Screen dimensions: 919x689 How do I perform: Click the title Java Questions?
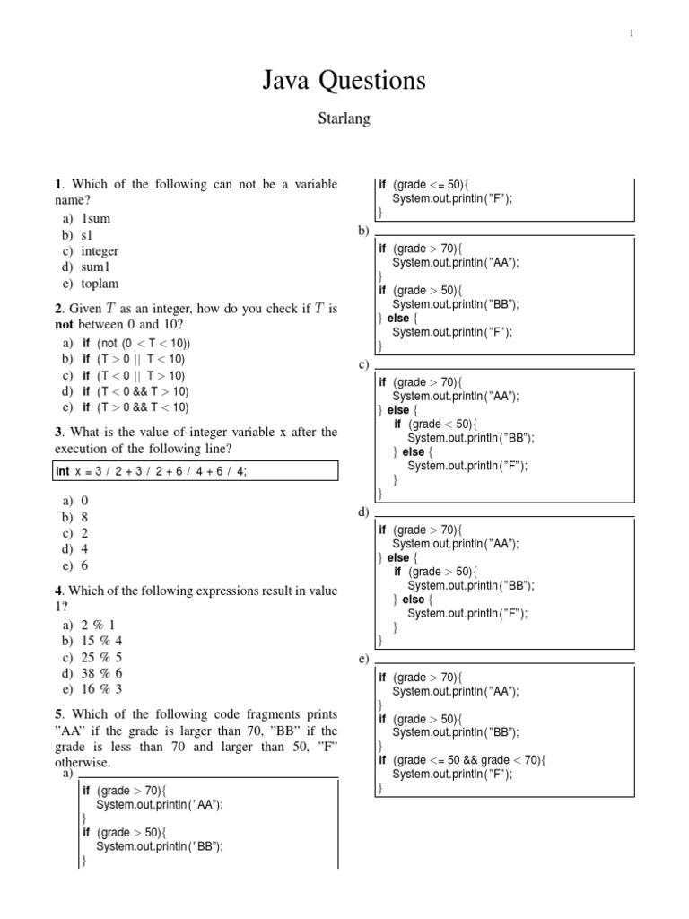344,82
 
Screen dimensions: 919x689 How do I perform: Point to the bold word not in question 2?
66,325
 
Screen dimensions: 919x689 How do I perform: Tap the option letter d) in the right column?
363,512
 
